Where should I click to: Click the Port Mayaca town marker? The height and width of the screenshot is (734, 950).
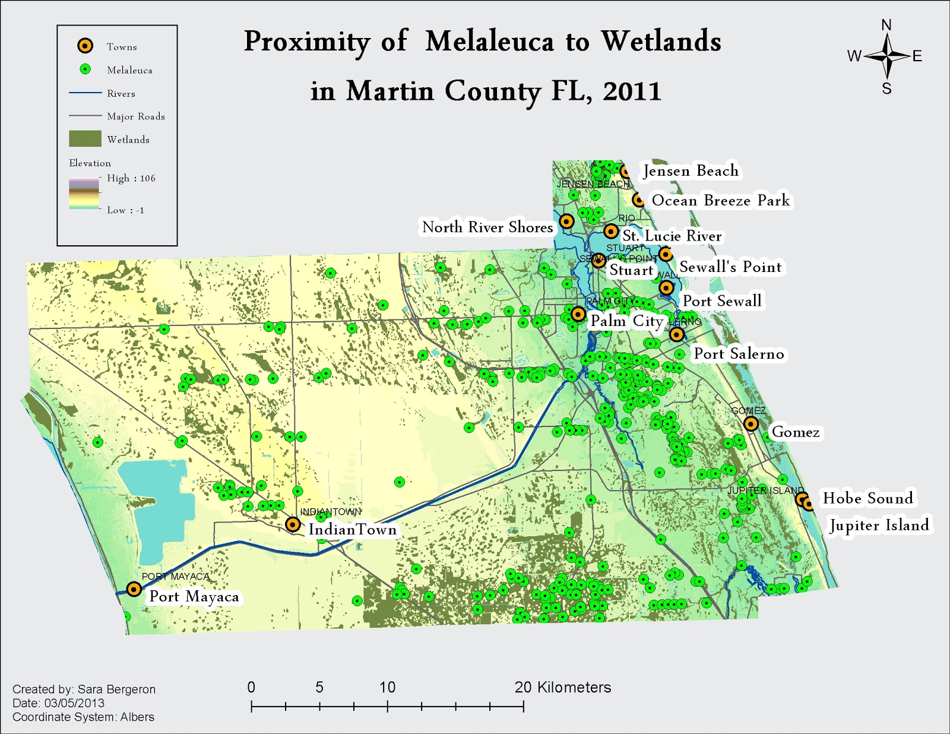tap(134, 589)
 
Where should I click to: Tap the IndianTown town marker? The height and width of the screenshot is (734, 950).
tap(293, 524)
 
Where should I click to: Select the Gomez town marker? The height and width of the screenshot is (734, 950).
tap(751, 424)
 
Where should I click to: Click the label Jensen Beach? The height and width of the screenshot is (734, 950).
tap(691, 171)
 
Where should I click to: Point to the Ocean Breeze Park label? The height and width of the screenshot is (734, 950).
tap(720, 201)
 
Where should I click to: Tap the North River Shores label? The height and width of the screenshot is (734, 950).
tap(487, 227)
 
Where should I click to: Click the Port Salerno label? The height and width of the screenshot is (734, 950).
tap(739, 354)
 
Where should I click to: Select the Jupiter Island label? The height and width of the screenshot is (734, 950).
tap(879, 526)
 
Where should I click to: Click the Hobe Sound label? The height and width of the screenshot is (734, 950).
tap(867, 498)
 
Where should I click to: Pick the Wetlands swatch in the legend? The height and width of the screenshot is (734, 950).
tap(85, 139)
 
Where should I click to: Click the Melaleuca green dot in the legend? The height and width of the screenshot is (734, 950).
tap(85, 69)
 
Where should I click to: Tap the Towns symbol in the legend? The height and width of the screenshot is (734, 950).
tap(85, 46)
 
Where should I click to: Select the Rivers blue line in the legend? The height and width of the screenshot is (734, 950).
tap(85, 93)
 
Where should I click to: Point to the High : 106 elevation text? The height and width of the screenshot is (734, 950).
tap(131, 178)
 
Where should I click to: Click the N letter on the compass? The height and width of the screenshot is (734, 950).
tap(886, 25)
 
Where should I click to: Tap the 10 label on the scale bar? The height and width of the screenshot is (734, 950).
tap(387, 688)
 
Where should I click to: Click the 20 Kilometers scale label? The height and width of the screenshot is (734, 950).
tap(562, 688)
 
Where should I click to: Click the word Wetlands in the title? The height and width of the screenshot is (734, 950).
tap(661, 42)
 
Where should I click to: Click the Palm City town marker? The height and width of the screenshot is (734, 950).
tap(578, 314)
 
